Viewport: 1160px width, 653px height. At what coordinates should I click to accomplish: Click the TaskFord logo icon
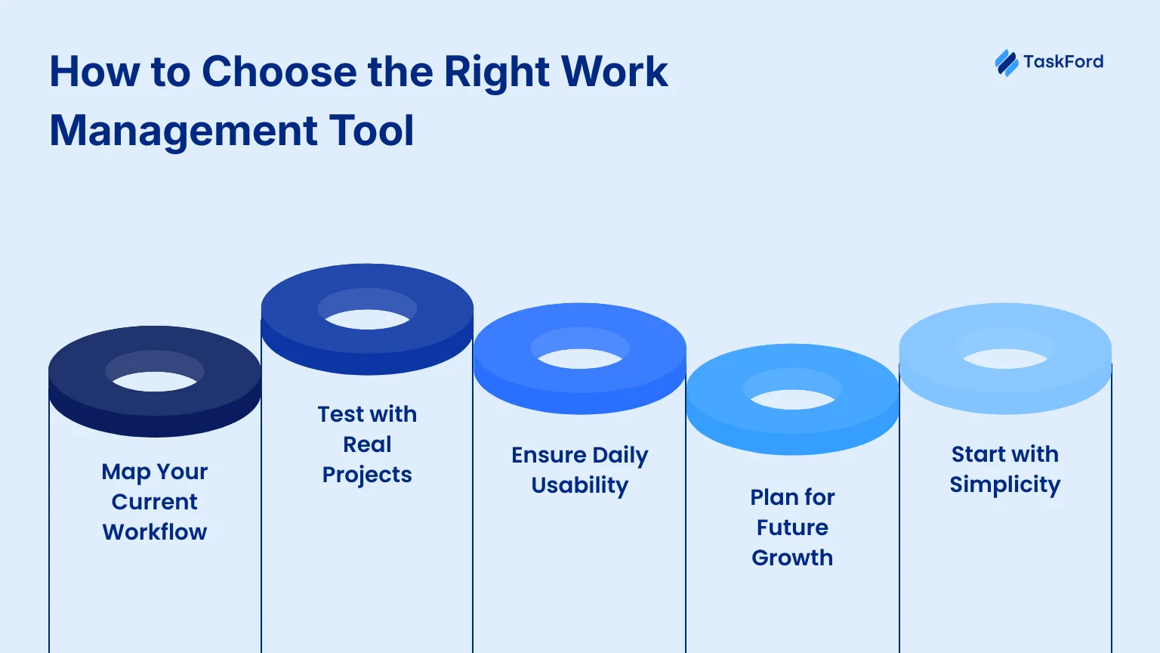click(1007, 63)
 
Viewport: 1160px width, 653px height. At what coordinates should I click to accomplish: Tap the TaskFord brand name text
click(1063, 62)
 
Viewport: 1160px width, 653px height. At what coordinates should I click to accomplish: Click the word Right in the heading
click(497, 72)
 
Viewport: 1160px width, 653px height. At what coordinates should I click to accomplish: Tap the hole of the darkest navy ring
click(154, 381)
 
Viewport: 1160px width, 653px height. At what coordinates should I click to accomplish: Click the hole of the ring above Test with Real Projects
click(367, 319)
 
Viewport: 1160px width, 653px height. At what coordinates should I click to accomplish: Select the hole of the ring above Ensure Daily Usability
click(580, 359)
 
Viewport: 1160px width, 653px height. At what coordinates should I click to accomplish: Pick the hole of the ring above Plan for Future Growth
click(792, 400)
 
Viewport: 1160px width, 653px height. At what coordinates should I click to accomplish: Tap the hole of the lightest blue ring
click(1005, 359)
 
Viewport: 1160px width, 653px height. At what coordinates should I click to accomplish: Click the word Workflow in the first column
click(155, 532)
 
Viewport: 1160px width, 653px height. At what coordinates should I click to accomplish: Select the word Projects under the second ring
click(367, 475)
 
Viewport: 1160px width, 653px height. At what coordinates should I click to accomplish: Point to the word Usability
click(580, 486)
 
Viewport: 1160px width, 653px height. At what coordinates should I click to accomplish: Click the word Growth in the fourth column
click(792, 559)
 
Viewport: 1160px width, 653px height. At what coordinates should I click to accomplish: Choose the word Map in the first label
click(126, 472)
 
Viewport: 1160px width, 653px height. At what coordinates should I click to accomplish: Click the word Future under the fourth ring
click(792, 528)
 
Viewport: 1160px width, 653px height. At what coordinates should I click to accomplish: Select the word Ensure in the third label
click(549, 456)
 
